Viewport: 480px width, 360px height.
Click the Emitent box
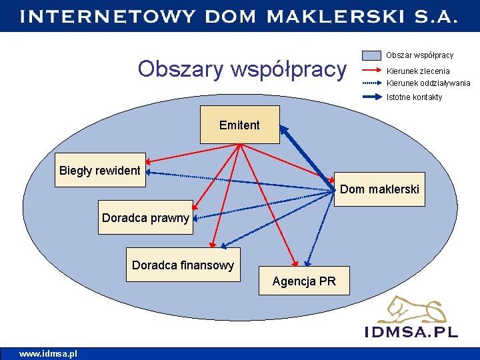point(240,125)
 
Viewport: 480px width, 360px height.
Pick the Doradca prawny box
point(145,217)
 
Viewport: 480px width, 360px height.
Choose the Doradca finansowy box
point(183,265)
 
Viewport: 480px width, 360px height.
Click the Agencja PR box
point(304,281)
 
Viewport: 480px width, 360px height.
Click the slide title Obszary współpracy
point(242,68)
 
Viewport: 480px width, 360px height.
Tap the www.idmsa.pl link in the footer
point(48,353)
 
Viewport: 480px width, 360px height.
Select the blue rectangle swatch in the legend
point(371,55)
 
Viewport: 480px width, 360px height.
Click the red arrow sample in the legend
point(371,71)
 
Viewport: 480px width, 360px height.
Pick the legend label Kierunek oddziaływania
point(428,83)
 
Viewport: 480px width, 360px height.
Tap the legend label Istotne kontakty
point(414,97)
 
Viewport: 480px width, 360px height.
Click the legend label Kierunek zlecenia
point(418,71)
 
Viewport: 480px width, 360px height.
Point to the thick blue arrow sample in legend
point(371,97)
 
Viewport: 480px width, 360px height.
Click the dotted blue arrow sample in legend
point(371,83)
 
